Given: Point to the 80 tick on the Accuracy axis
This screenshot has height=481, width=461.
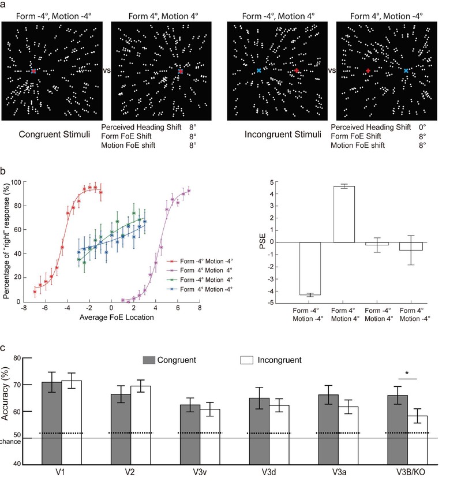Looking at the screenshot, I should coord(32,358).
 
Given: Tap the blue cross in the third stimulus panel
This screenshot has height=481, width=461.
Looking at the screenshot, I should coord(259,70).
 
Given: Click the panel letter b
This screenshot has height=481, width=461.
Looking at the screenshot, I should coord(4,171).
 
